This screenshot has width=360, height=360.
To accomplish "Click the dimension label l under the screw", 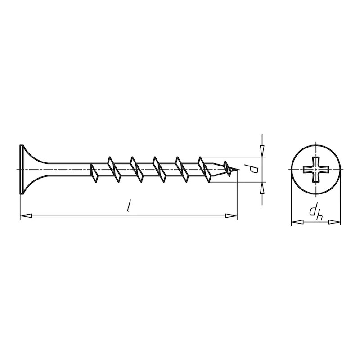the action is click(129, 206).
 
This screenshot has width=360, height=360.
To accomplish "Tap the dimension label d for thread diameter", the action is click(254, 170).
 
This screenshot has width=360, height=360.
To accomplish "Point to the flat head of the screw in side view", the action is click(21, 170).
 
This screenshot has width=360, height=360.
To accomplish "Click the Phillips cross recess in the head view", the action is click(316, 170).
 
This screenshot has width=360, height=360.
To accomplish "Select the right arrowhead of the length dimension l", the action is click(231, 216).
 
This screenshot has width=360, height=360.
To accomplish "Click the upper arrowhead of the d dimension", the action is click(262, 151).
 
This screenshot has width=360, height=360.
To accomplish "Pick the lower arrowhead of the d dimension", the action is click(262, 188).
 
